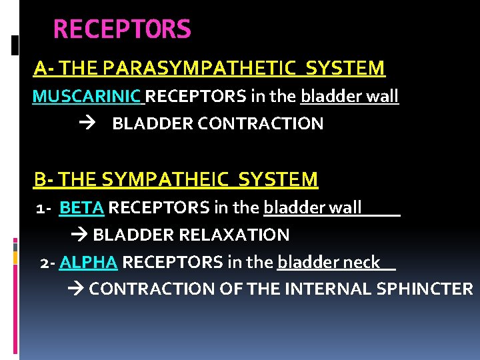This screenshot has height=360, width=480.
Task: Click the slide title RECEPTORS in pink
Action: [122, 29]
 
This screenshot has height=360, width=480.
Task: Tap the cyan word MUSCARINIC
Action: [87, 97]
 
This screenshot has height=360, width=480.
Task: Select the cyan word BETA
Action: [81, 208]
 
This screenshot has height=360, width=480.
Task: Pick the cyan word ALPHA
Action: [88, 263]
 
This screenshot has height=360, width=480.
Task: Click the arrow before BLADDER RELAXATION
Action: [79, 235]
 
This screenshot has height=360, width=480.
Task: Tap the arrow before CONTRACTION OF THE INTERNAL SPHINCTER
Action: [76, 289]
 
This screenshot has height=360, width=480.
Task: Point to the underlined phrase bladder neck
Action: [329, 263]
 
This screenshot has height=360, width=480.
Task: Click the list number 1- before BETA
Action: [45, 209]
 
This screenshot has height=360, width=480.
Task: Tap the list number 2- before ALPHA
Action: [47, 263]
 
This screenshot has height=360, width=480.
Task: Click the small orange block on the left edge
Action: [15, 257]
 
